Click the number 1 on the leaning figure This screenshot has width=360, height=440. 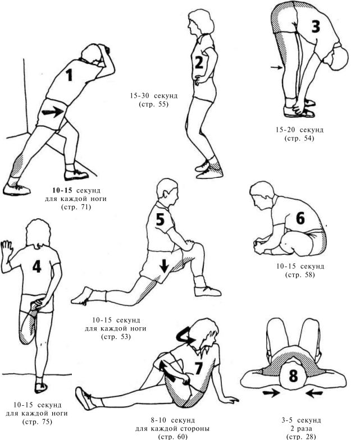69,75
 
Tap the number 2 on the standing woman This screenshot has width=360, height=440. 199,62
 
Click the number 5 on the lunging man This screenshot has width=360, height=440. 160,219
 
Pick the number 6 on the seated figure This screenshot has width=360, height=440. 300,218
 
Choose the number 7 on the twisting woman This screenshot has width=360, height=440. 199,368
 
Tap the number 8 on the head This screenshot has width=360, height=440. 293,375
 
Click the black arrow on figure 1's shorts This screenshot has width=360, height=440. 53,112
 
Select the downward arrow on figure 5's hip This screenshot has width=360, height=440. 164,265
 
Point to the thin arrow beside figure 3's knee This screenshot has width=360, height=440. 276,67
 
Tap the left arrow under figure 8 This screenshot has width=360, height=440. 271,393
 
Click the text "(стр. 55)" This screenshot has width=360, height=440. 153,104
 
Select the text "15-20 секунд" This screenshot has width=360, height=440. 299,130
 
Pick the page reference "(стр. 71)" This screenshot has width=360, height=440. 76,207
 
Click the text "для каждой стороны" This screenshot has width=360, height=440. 172,429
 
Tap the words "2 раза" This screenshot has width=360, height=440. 301,429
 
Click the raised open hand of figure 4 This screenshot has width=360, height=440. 7,249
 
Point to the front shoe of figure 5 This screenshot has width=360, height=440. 207,291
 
